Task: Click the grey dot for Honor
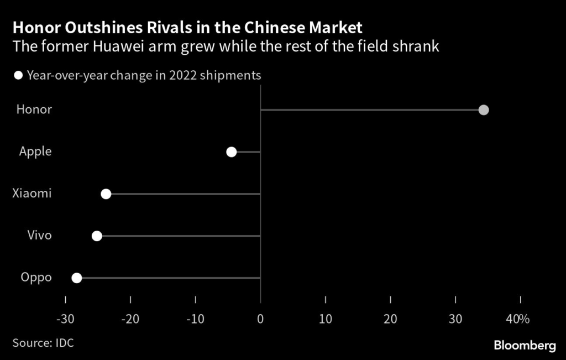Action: click(x=484, y=109)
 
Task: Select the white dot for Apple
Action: click(x=232, y=152)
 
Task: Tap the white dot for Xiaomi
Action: click(x=106, y=194)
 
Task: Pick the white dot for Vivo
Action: click(x=97, y=236)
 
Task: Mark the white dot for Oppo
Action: click(x=77, y=278)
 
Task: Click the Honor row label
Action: click(x=34, y=109)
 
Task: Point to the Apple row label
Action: click(x=35, y=152)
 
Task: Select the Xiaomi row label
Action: click(x=32, y=194)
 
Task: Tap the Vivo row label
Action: click(x=40, y=236)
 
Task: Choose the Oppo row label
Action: click(x=36, y=278)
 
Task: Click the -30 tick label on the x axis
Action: click(x=65, y=320)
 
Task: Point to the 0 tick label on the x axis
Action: click(x=260, y=320)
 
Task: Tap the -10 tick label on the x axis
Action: click(x=195, y=320)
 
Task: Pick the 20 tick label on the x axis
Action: click(x=390, y=320)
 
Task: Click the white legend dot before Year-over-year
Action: click(x=19, y=76)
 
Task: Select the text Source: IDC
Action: click(x=43, y=343)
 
